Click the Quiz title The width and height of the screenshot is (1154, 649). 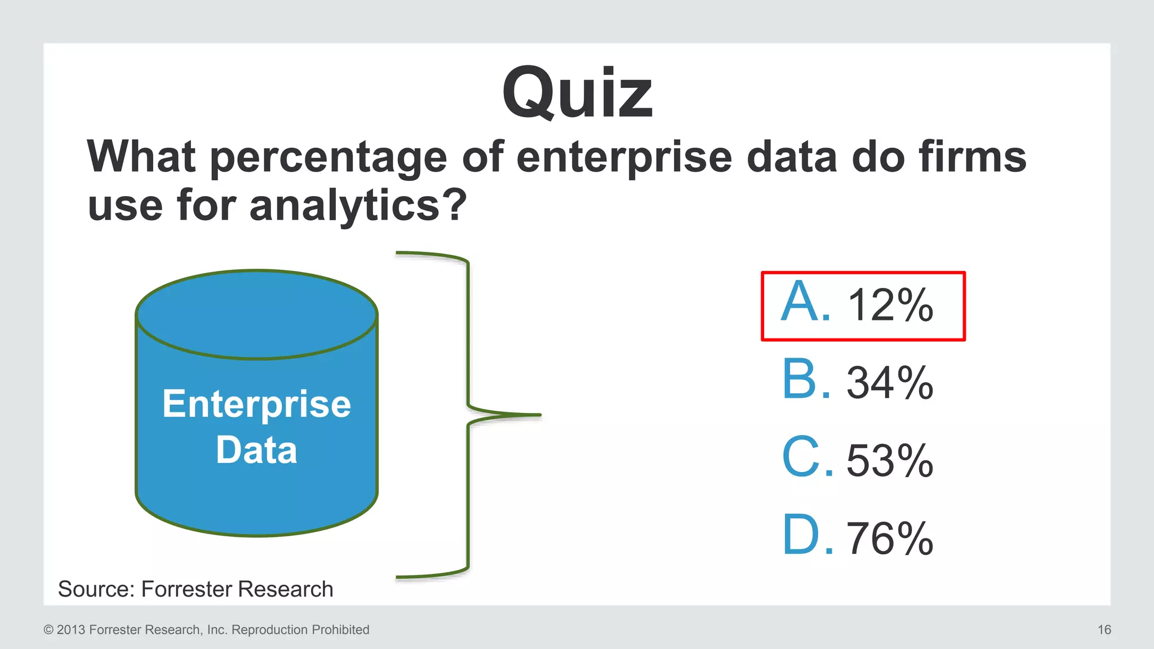click(x=577, y=94)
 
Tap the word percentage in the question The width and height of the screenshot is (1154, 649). click(x=329, y=158)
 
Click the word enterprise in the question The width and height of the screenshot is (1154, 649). click(x=624, y=158)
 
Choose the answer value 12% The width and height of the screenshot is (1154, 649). click(x=890, y=305)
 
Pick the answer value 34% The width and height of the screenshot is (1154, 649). click(x=890, y=383)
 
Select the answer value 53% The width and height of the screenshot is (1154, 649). click(x=890, y=461)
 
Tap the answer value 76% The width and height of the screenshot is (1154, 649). click(x=890, y=539)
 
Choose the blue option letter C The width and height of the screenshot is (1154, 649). click(x=801, y=457)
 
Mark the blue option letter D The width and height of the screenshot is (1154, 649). click(x=801, y=535)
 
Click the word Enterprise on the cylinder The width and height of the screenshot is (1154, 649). click(x=256, y=404)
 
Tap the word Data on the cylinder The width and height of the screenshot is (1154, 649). click(x=256, y=450)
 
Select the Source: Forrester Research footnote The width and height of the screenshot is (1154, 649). click(x=196, y=589)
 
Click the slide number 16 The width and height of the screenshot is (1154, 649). click(x=1104, y=630)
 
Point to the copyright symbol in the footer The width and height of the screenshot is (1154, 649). click(x=48, y=630)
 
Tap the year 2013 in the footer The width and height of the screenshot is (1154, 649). click(x=71, y=630)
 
